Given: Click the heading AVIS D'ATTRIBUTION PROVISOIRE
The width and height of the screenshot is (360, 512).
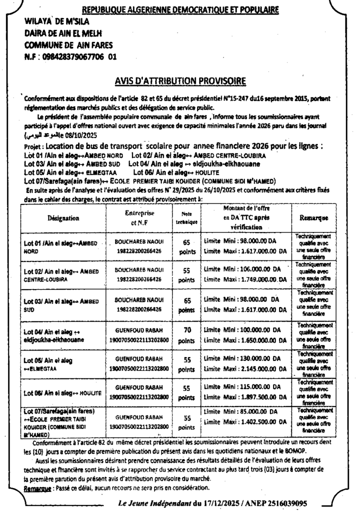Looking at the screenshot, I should click(180, 80).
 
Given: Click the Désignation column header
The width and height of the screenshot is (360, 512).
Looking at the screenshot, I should click(63, 218).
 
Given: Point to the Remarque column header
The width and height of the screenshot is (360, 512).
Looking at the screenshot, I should click(313, 218).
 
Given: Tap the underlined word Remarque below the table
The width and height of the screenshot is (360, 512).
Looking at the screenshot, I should click(38, 487).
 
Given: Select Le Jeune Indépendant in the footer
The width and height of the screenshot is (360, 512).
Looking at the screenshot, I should click(154, 502).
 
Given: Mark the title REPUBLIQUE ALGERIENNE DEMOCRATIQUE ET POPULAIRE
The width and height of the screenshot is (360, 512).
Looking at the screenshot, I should click(180, 9).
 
